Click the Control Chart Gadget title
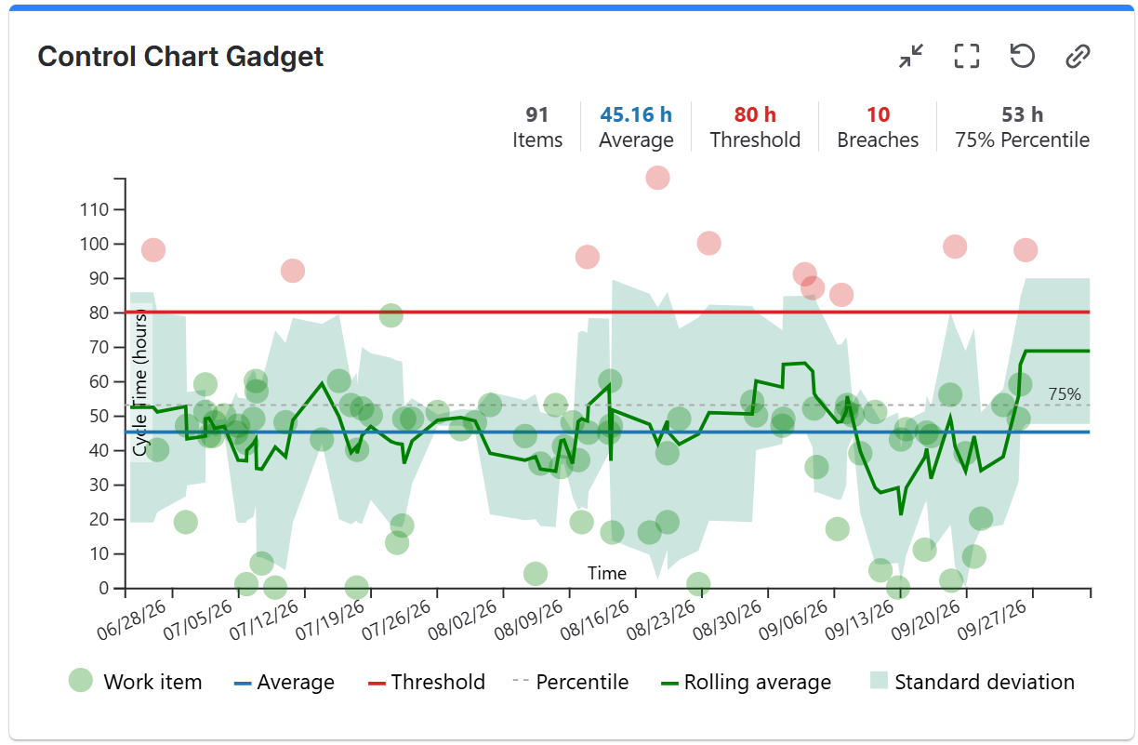tap(180, 56)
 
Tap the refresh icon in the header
tap(1022, 56)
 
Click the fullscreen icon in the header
tap(966, 56)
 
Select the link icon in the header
tap(1077, 56)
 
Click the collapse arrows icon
tap(911, 56)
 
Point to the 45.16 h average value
tap(636, 114)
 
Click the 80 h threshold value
tap(755, 114)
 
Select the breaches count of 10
tap(878, 114)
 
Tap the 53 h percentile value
tap(1022, 114)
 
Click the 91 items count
tap(537, 114)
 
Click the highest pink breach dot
tap(657, 178)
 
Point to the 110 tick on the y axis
tap(94, 209)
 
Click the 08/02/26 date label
tap(462, 620)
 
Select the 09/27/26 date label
tap(992, 620)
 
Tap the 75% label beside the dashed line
tap(1065, 393)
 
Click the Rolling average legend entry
tap(746, 682)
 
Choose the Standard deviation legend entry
tap(973, 682)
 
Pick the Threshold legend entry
tap(426, 682)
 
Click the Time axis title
tap(606, 573)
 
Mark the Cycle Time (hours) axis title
tap(139, 384)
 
